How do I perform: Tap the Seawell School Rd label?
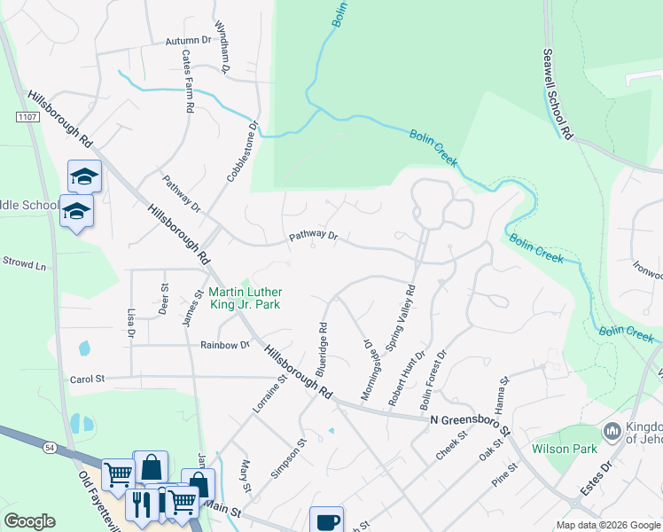pyautogui.click(x=558, y=92)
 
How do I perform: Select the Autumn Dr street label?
pyautogui.click(x=189, y=42)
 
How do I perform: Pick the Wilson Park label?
pyautogui.click(x=561, y=449)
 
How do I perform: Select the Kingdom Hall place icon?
pyautogui.click(x=612, y=432)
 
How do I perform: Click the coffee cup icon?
pyautogui.click(x=326, y=520)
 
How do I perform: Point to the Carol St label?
pyautogui.click(x=87, y=379)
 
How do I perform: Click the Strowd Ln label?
pyautogui.click(x=24, y=263)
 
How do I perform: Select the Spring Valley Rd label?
pyautogui.click(x=401, y=317)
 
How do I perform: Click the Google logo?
pyautogui.click(x=29, y=521)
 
